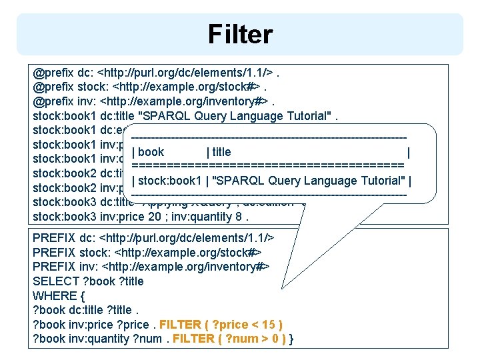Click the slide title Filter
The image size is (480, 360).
[x=240, y=34]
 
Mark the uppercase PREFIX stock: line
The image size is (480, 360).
[x=147, y=252]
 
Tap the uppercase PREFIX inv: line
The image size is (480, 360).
[x=151, y=267]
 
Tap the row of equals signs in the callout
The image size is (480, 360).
[x=268, y=165]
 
